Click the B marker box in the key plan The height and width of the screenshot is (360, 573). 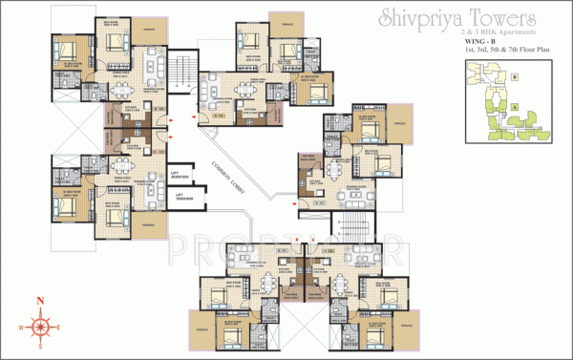[x=514, y=74]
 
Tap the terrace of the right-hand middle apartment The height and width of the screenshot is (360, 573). [x=402, y=124]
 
